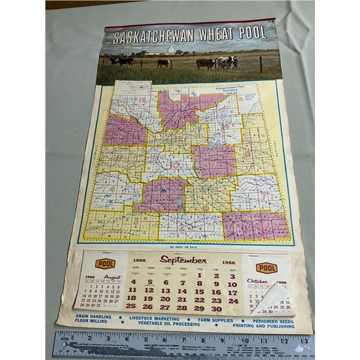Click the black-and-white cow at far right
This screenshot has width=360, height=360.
227,62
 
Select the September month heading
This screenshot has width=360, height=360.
183,260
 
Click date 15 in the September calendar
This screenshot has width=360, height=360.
199,292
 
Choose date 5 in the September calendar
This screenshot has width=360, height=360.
149,282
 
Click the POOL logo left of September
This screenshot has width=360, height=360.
106,263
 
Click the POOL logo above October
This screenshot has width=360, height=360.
266,267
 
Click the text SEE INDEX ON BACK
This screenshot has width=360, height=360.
184,247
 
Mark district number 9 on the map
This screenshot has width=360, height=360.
214,164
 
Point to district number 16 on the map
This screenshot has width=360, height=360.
142,101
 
